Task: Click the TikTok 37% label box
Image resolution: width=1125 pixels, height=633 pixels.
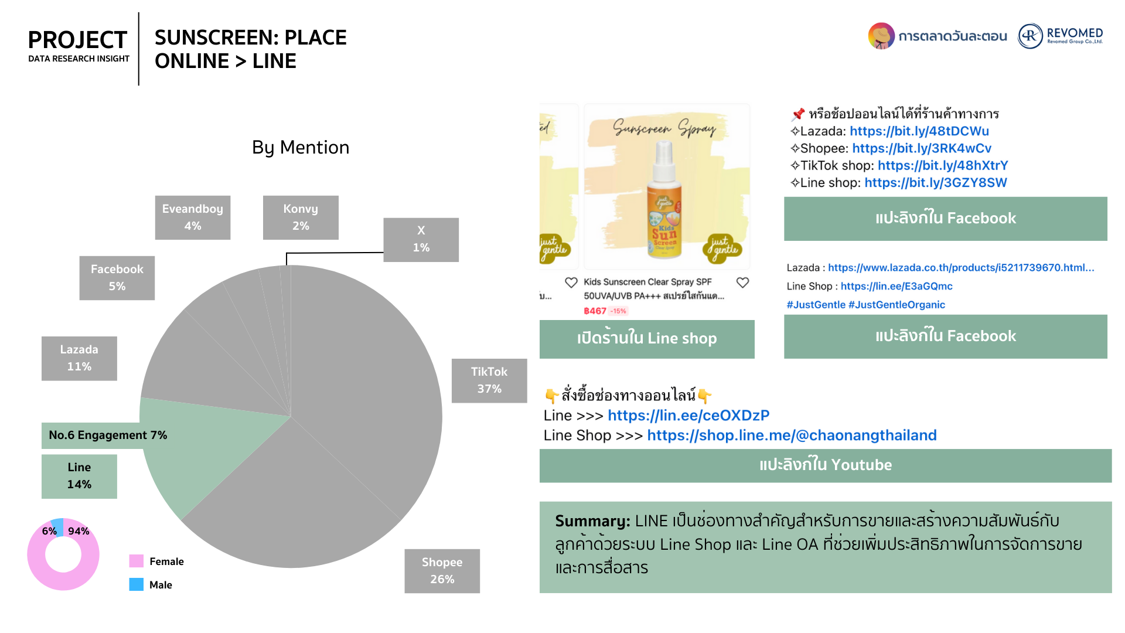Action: [489, 380]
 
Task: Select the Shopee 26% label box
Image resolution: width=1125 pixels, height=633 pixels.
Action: [442, 571]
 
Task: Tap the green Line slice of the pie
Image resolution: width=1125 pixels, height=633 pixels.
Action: [193, 451]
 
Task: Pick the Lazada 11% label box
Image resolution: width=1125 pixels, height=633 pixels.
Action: [79, 358]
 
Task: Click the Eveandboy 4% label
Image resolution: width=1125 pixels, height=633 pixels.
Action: [193, 217]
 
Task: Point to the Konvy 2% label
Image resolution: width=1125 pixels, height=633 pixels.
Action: [301, 217]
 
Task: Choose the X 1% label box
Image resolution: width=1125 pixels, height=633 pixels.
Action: [421, 240]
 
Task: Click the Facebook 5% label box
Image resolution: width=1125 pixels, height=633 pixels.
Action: [117, 278]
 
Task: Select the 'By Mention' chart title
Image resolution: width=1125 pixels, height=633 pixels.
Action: [301, 147]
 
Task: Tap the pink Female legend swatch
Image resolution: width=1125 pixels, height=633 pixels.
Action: [137, 561]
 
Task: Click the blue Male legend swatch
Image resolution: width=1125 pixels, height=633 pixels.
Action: [137, 584]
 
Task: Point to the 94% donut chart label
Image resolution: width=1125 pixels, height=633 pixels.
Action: [79, 531]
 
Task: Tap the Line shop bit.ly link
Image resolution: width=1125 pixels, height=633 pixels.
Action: [936, 183]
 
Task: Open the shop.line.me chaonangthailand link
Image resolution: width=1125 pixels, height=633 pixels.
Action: [792, 435]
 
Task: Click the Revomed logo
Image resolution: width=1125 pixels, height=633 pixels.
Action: [1061, 36]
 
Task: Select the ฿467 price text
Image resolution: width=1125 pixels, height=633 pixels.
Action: [595, 311]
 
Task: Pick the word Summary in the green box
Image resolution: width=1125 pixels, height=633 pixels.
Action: [592, 520]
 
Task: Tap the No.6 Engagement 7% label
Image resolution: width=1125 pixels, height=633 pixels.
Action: [108, 435]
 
